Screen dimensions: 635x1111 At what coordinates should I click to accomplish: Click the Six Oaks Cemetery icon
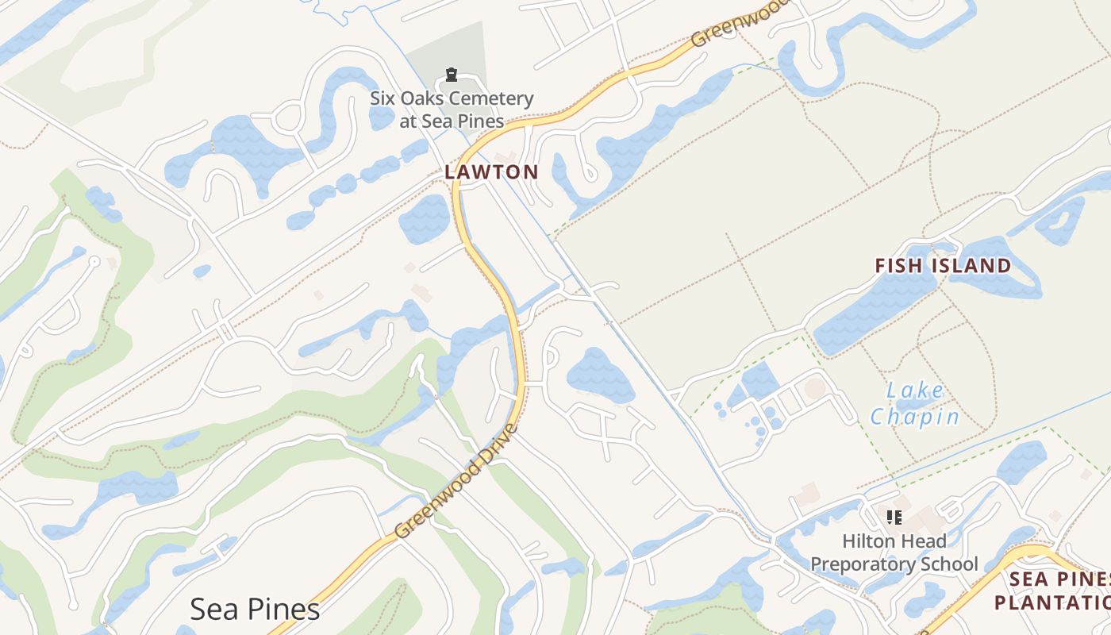coord(452,75)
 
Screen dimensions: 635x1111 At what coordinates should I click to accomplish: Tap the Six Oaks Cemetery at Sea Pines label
coord(452,110)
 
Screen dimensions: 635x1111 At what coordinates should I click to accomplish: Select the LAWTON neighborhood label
coord(491,171)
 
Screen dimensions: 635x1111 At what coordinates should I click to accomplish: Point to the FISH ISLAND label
coord(943,265)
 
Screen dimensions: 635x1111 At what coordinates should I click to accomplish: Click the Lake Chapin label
coord(915,403)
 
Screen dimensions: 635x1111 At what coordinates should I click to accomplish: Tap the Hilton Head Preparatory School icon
coord(894,518)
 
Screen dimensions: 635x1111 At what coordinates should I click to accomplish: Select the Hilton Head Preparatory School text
coord(894,552)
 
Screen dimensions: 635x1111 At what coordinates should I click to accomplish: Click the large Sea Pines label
coord(255,609)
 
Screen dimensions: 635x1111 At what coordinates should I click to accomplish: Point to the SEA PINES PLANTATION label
coord(1051,591)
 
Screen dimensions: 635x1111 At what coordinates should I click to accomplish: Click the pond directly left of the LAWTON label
coord(425,218)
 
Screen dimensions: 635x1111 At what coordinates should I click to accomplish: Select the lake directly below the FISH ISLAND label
coord(873,314)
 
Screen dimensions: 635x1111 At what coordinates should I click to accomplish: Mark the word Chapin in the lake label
coord(915,417)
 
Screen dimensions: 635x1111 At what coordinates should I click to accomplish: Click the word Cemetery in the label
coord(492,99)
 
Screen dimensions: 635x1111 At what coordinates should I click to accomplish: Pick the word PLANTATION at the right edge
coord(1051,602)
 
